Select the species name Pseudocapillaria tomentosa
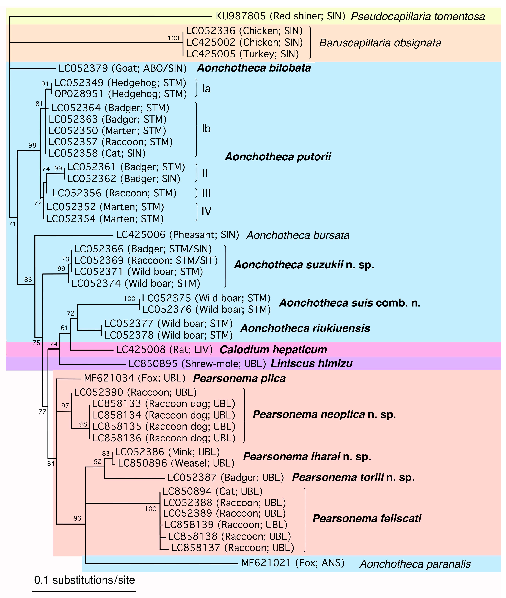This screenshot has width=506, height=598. pos(418,17)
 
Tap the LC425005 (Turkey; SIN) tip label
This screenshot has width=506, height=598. pos(242,54)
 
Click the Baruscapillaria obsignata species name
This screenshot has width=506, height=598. pos(380,43)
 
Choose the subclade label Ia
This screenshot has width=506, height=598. pos(206,89)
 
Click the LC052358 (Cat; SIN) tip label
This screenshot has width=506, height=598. pos(97,153)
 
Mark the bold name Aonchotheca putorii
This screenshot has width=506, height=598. pos(278,157)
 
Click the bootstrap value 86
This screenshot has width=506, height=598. pos(28,280)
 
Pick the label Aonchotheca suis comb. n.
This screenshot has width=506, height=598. pos(350,303)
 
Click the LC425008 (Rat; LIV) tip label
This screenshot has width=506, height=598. pos(164,350)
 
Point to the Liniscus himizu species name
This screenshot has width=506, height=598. pos(311,364)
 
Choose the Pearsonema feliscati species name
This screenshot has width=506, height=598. pos(367,518)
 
